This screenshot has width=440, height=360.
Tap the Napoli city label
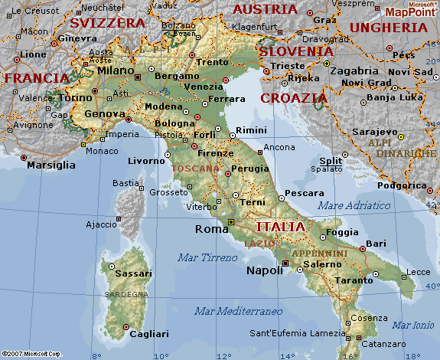264,270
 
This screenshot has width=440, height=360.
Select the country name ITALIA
280,227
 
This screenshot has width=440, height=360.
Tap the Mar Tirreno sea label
207,257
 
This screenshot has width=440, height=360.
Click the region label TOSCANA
195,168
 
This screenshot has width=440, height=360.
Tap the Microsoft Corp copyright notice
32,354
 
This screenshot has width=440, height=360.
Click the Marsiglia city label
51,165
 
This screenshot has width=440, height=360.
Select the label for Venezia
206,86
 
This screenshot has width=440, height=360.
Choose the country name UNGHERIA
388,28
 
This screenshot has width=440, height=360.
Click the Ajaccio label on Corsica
100,224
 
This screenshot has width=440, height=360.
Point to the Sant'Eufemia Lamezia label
298,333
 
